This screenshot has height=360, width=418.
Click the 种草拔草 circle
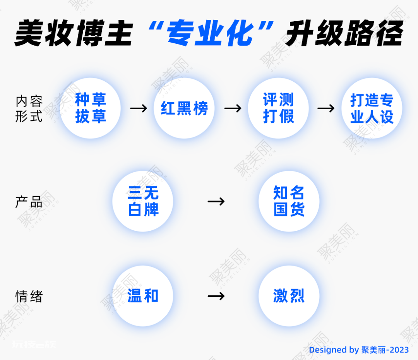click(x=90, y=108)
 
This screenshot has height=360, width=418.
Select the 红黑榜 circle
click(x=184, y=108)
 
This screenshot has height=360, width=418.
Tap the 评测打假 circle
click(x=278, y=108)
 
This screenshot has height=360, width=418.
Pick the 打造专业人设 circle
click(x=372, y=108)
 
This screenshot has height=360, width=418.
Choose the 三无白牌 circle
click(x=143, y=201)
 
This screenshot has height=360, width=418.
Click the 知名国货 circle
click(x=289, y=201)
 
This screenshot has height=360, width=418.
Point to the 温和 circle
click(x=143, y=296)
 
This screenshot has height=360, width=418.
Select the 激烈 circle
click(x=289, y=296)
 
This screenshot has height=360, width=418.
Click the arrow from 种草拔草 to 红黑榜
click(x=139, y=108)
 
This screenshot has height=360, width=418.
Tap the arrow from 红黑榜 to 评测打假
click(x=233, y=108)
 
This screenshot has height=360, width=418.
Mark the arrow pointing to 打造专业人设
click(x=326, y=108)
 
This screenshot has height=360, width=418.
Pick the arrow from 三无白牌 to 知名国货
click(x=216, y=201)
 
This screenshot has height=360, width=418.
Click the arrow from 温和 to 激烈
click(x=216, y=296)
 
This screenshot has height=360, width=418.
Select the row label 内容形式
click(x=29, y=109)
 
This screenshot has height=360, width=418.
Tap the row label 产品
click(x=29, y=202)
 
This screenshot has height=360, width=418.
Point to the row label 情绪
click(x=29, y=296)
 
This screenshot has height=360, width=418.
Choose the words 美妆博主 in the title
click(x=74, y=33)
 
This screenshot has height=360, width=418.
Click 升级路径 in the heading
click(x=344, y=33)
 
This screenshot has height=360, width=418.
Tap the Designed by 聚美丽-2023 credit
click(x=359, y=350)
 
